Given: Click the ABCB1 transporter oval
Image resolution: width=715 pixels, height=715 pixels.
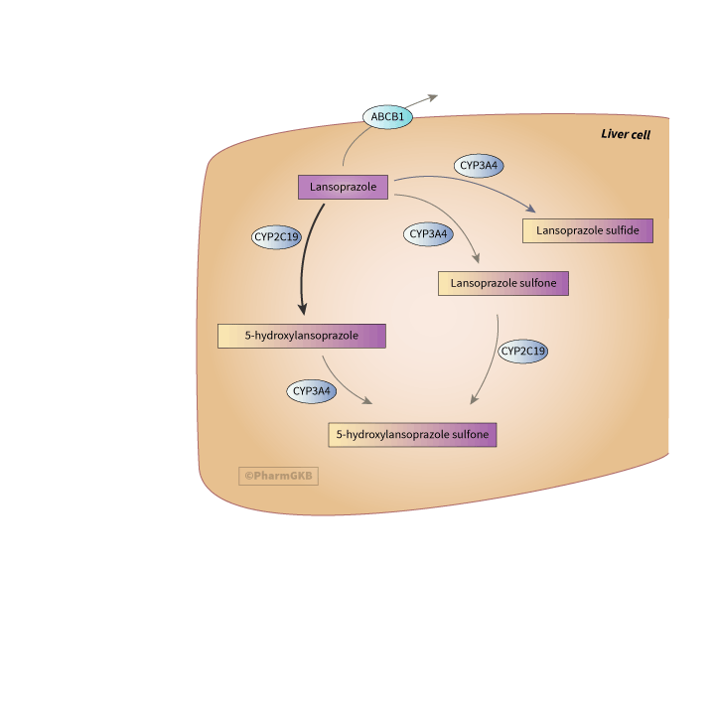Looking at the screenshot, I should [387, 117].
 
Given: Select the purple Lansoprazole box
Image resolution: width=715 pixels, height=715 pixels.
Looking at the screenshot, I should [343, 187].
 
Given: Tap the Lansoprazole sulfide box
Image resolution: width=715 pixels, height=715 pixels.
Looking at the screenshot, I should [588, 230].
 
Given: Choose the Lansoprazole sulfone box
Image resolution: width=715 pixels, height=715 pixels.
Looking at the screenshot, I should [503, 283].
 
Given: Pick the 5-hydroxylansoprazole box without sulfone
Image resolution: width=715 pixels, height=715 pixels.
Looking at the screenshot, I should [302, 336].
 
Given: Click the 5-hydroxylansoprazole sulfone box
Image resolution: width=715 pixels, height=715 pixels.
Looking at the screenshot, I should [412, 434].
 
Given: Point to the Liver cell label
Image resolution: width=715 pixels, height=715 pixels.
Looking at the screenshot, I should [626, 134].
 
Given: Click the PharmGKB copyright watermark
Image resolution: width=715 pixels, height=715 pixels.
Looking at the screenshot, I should [279, 476].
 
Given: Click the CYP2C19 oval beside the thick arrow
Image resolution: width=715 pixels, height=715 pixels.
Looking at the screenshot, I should [276, 237].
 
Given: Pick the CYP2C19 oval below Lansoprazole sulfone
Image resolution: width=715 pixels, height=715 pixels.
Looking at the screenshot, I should [523, 351].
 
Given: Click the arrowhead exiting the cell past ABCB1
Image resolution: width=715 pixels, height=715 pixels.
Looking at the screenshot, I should [432, 97].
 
